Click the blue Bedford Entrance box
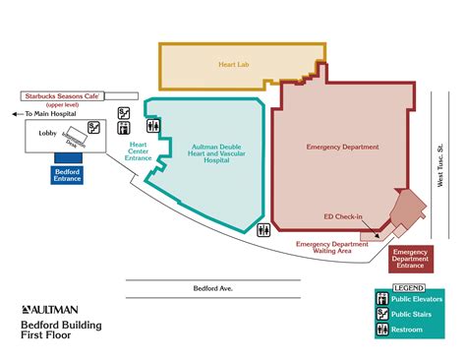tap(68, 174)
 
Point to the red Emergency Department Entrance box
tap(410, 259)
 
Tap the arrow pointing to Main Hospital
tap(17, 114)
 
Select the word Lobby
tap(46, 131)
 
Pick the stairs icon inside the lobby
tap(93, 126)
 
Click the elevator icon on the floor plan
tap(125, 113)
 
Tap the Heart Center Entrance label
tap(139, 152)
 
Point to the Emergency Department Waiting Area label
tap(330, 247)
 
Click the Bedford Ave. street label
tap(211, 288)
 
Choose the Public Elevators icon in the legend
tap(382, 297)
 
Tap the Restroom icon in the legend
tap(382, 329)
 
